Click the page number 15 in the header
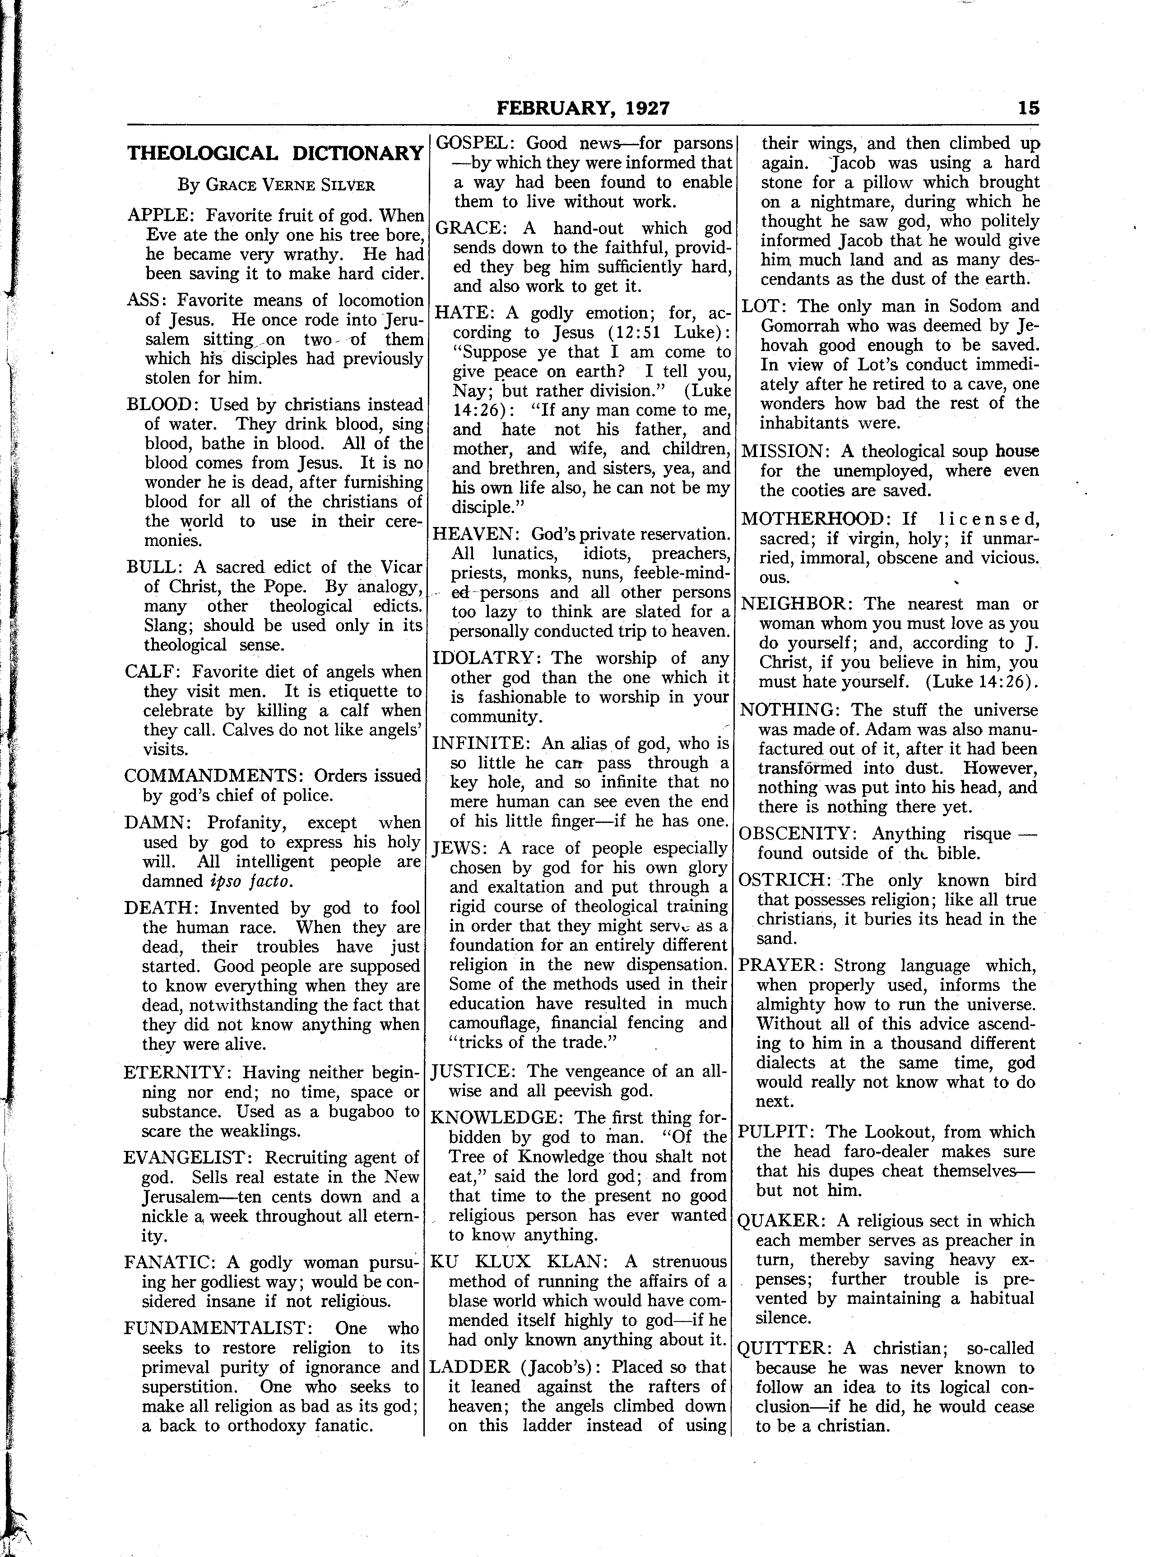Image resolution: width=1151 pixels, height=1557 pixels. click(1028, 108)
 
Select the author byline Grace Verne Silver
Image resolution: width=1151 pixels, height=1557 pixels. click(276, 185)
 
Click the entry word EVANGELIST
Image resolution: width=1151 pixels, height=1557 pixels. click(184, 1157)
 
